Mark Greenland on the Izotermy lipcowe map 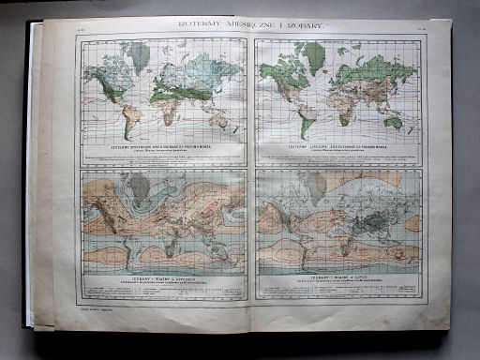[315, 56]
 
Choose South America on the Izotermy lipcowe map [303, 116]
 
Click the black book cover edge [28, 187]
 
